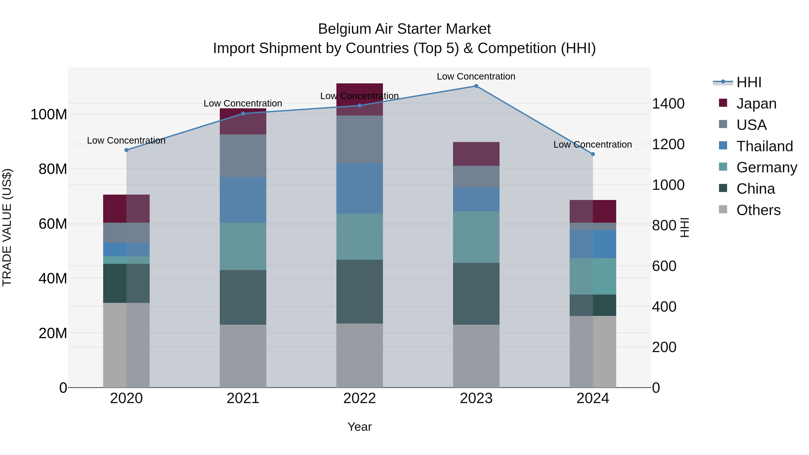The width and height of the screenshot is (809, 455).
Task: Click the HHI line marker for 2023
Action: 476,86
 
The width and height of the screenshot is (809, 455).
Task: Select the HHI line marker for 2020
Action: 127,150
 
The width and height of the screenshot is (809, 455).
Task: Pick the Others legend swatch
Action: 723,209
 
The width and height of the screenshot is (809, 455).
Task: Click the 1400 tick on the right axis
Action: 668,104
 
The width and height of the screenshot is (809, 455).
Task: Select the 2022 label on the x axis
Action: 360,398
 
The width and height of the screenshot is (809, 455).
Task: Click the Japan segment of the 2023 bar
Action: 476,154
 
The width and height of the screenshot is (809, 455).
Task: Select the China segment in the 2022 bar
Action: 360,291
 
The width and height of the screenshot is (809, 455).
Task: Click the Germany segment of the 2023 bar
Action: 476,237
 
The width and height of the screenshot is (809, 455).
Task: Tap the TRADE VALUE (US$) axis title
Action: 7,227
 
